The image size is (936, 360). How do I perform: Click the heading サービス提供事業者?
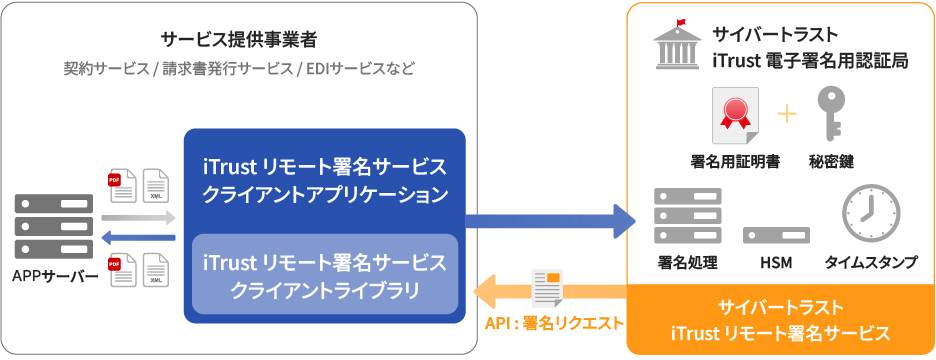pos(239,41)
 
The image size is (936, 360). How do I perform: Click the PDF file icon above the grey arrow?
pos(122,186)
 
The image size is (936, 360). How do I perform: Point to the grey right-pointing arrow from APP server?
pos(138,218)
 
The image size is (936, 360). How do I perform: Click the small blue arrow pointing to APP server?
pos(138,238)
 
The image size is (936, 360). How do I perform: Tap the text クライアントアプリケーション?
pos(325,194)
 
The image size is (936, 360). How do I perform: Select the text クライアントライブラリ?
pos(325,290)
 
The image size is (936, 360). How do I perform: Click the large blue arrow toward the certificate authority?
pos(550,221)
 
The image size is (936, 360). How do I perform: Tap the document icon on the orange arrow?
pos(548,287)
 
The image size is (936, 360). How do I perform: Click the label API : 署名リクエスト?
pos(554,323)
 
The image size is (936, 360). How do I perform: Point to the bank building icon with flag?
pos(677,44)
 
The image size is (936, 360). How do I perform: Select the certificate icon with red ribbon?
pos(735,115)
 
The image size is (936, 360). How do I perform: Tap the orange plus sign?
pos(787,115)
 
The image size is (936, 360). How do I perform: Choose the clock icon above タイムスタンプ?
pos(871,213)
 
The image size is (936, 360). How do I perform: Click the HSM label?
pos(776,262)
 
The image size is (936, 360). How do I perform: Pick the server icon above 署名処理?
pos(688,216)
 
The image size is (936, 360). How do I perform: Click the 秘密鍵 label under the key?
pos(831,162)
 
